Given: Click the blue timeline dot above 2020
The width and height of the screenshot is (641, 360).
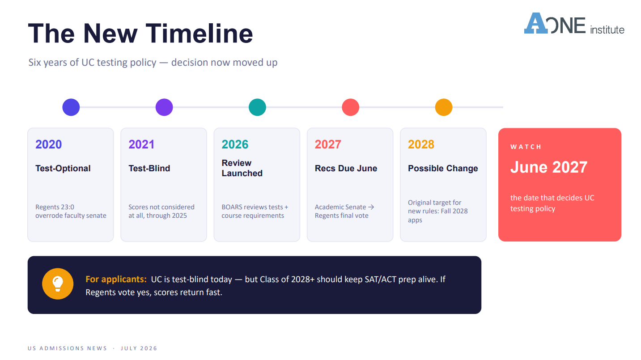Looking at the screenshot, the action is tap(71, 107).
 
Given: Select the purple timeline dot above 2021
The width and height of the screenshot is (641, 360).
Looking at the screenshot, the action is tap(164, 107).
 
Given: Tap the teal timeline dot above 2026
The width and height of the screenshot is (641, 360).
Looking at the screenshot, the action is tap(257, 107).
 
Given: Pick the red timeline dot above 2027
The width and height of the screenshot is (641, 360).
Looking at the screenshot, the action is tap(351, 107).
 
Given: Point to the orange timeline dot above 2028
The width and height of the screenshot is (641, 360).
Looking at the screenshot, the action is tap(444, 107).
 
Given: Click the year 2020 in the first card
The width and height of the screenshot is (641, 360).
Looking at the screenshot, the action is tap(49, 144).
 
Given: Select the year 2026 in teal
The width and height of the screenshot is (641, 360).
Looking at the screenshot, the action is tap(235, 144).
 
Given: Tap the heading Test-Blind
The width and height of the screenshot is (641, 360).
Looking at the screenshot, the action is tap(149, 168).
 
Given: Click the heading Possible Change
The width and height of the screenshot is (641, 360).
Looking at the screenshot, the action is tap(443, 168).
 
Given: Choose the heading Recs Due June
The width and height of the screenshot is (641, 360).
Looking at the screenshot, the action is tap(346, 168).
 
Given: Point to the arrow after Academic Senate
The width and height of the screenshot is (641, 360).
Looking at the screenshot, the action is tap(371, 207).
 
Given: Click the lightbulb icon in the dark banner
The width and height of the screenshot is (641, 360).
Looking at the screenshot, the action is tap(58, 284).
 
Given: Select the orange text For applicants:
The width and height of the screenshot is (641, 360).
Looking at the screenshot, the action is tap(116, 280).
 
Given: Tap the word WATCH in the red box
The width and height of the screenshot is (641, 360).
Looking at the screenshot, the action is tap(526, 147).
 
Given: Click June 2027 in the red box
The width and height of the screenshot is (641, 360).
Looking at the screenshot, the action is tap(549, 167).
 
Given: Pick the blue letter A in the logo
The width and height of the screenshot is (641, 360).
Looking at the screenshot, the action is tap(536, 23).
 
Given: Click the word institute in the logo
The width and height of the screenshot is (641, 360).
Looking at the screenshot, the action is tap(607, 30).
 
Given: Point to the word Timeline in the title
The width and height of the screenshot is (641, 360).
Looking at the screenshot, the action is tap(200, 34).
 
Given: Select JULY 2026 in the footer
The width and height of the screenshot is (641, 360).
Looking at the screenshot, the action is tap(139, 348).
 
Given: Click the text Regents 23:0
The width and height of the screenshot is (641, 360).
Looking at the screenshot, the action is tap(55, 207).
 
